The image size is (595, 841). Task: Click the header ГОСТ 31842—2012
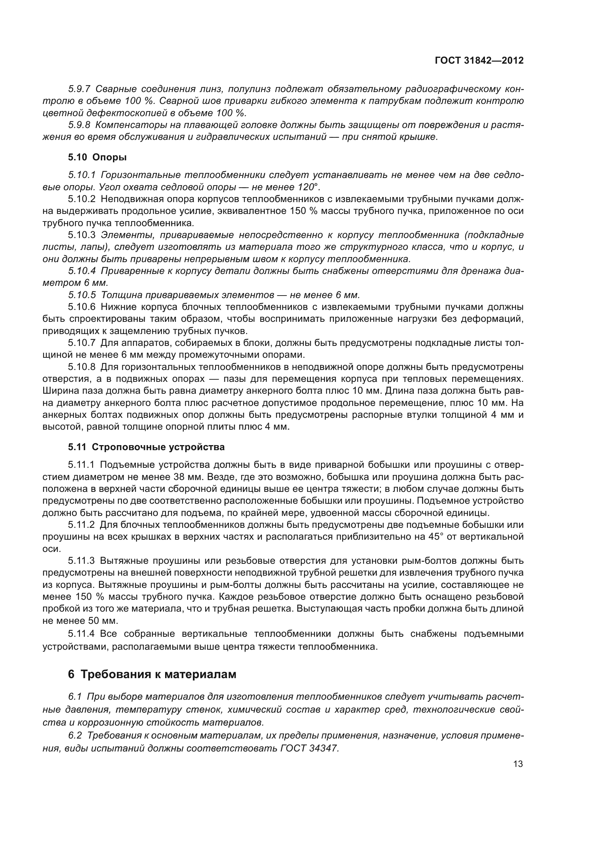pos(479,60)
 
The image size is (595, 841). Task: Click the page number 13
pos(518,764)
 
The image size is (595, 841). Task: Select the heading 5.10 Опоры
pos(97,157)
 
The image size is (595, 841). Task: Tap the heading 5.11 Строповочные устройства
pos(146,447)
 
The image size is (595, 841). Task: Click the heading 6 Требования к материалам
pos(152,674)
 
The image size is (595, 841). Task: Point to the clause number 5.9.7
pos(79,89)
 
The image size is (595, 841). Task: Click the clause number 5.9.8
pos(79,125)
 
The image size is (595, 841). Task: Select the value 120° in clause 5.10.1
pos(310,187)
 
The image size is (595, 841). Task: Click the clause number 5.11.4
pos(82,634)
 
